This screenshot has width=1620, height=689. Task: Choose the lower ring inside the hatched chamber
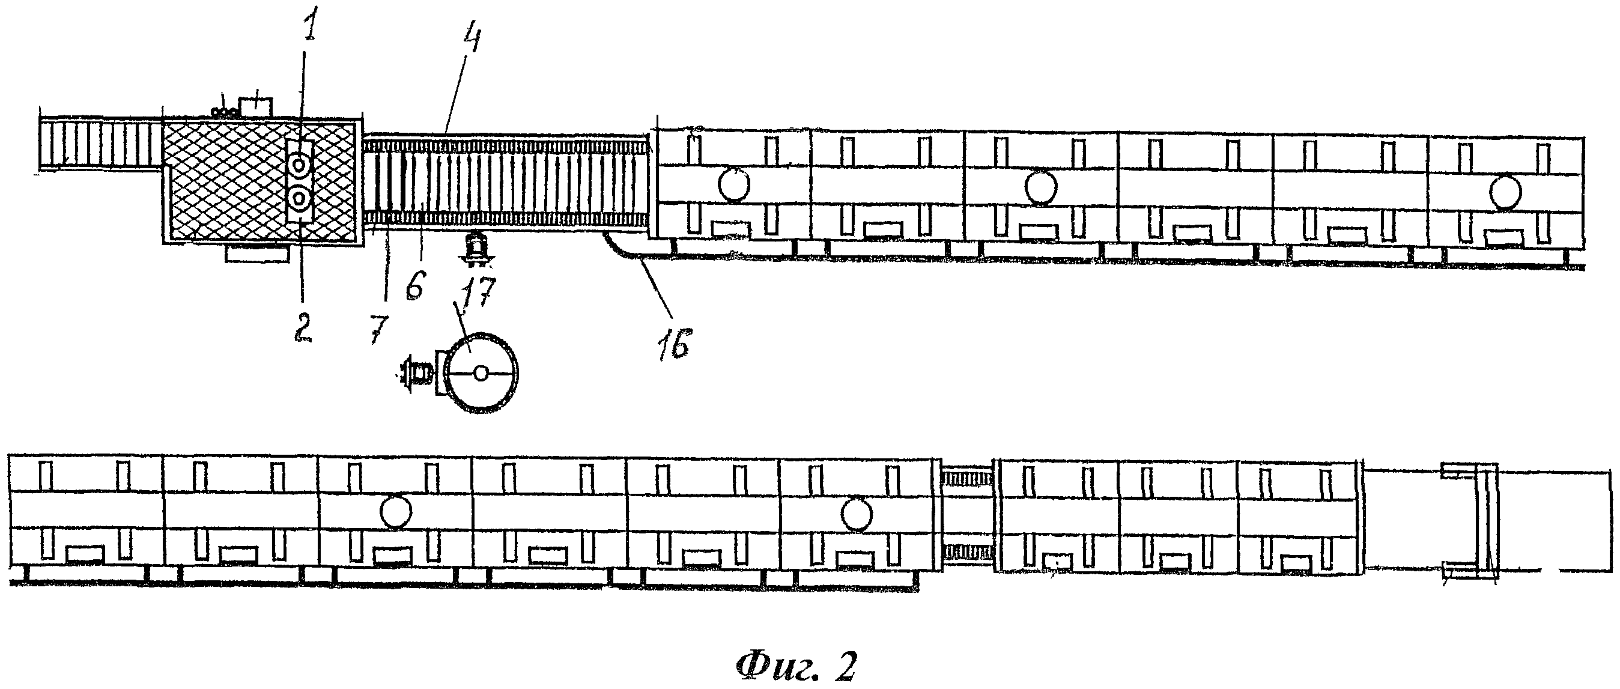click(x=300, y=199)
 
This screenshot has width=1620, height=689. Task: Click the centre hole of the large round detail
click(x=481, y=373)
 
